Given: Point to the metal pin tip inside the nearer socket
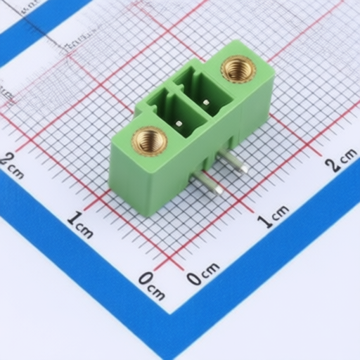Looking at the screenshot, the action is tap(179, 124).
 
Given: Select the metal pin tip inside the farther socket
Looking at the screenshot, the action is tap(206, 103).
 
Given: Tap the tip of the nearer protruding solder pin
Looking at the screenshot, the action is tap(219, 191).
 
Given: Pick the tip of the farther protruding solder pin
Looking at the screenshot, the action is tap(244, 169).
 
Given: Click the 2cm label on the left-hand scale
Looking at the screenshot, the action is tap(11, 167).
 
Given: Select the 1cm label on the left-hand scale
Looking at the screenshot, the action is tap(80, 224).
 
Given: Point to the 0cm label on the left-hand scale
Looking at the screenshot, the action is tap(152, 286).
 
